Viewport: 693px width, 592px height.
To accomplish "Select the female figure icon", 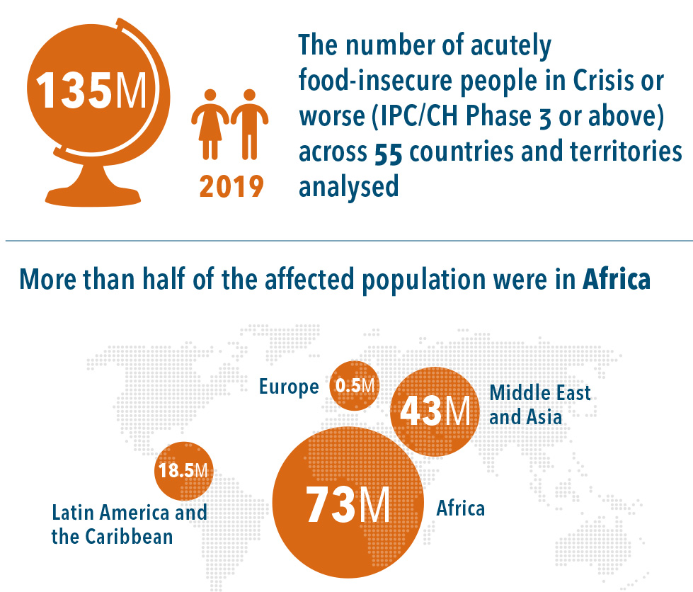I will coord(210,124).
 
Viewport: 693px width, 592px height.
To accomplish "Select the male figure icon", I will coord(248,124).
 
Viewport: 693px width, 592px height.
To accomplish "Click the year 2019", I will coord(231,186).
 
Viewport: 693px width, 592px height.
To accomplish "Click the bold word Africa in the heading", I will coord(616,279).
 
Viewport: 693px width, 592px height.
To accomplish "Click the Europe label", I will coord(289,387).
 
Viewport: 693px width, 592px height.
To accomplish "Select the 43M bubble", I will coord(434,411).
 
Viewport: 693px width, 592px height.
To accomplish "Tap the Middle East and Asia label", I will coord(539,404).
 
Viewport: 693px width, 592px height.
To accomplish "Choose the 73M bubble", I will coord(348,503).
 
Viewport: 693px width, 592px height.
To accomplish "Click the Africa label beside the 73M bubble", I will coord(461,508).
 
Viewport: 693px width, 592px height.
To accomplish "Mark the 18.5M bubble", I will coord(183,470).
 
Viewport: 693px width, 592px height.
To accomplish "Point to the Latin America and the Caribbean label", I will coord(129,524).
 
